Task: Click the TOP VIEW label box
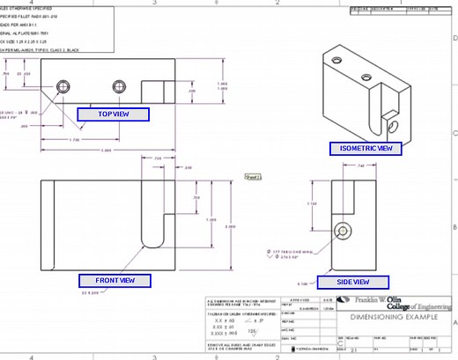(112, 114)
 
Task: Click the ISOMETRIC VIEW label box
(366, 149)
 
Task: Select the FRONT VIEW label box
(115, 281)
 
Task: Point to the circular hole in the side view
(342, 230)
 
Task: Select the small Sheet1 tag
(254, 177)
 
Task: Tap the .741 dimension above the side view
(336, 165)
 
